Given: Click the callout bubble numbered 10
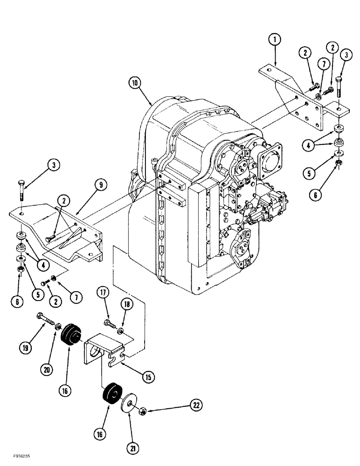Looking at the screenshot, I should click(x=135, y=84).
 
